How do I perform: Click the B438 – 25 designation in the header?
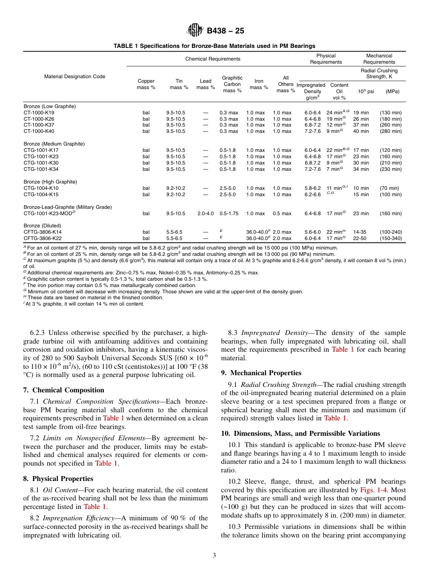[225, 31]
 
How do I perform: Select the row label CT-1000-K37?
[39, 125]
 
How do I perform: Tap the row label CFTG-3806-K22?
[42, 238]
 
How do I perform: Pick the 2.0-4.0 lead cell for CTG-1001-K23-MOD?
[206, 213]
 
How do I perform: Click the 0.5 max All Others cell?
[282, 213]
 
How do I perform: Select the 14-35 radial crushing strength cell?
[360, 232]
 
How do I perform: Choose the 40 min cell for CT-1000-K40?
[361, 131]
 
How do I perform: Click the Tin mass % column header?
[179, 84]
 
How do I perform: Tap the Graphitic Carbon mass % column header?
[232, 84]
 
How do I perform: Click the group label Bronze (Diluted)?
[42, 226]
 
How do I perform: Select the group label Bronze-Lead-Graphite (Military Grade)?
[67, 207]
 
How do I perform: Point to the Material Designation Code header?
[75, 76]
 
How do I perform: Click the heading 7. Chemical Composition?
[63, 390]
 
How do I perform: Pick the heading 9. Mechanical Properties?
[261, 373]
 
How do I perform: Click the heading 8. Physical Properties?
[58, 479]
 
